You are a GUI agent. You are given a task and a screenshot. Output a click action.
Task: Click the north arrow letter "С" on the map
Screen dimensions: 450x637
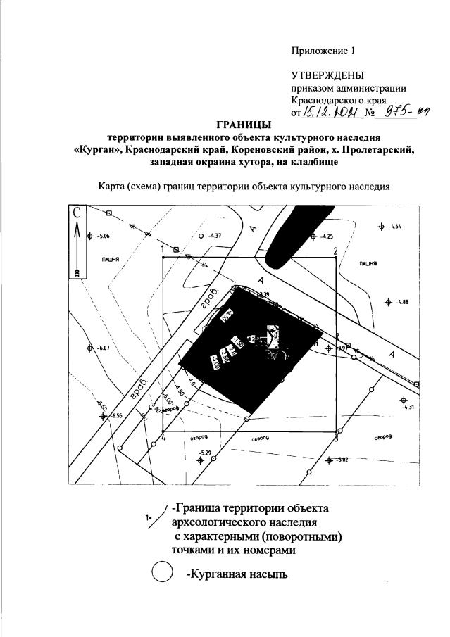pos(77,213)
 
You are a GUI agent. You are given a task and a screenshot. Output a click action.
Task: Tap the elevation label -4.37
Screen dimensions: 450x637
pos(215,236)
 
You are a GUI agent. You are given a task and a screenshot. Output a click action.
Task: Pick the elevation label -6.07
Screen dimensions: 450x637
pos(104,348)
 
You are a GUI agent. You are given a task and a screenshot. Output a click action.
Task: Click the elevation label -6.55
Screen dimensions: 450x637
pos(115,416)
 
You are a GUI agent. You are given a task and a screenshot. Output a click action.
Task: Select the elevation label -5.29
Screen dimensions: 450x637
pos(206,453)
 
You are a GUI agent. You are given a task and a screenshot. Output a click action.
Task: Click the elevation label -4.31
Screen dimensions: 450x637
pos(409,408)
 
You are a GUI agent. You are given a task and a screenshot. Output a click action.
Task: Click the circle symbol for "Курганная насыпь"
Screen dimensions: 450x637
pos(163,574)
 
